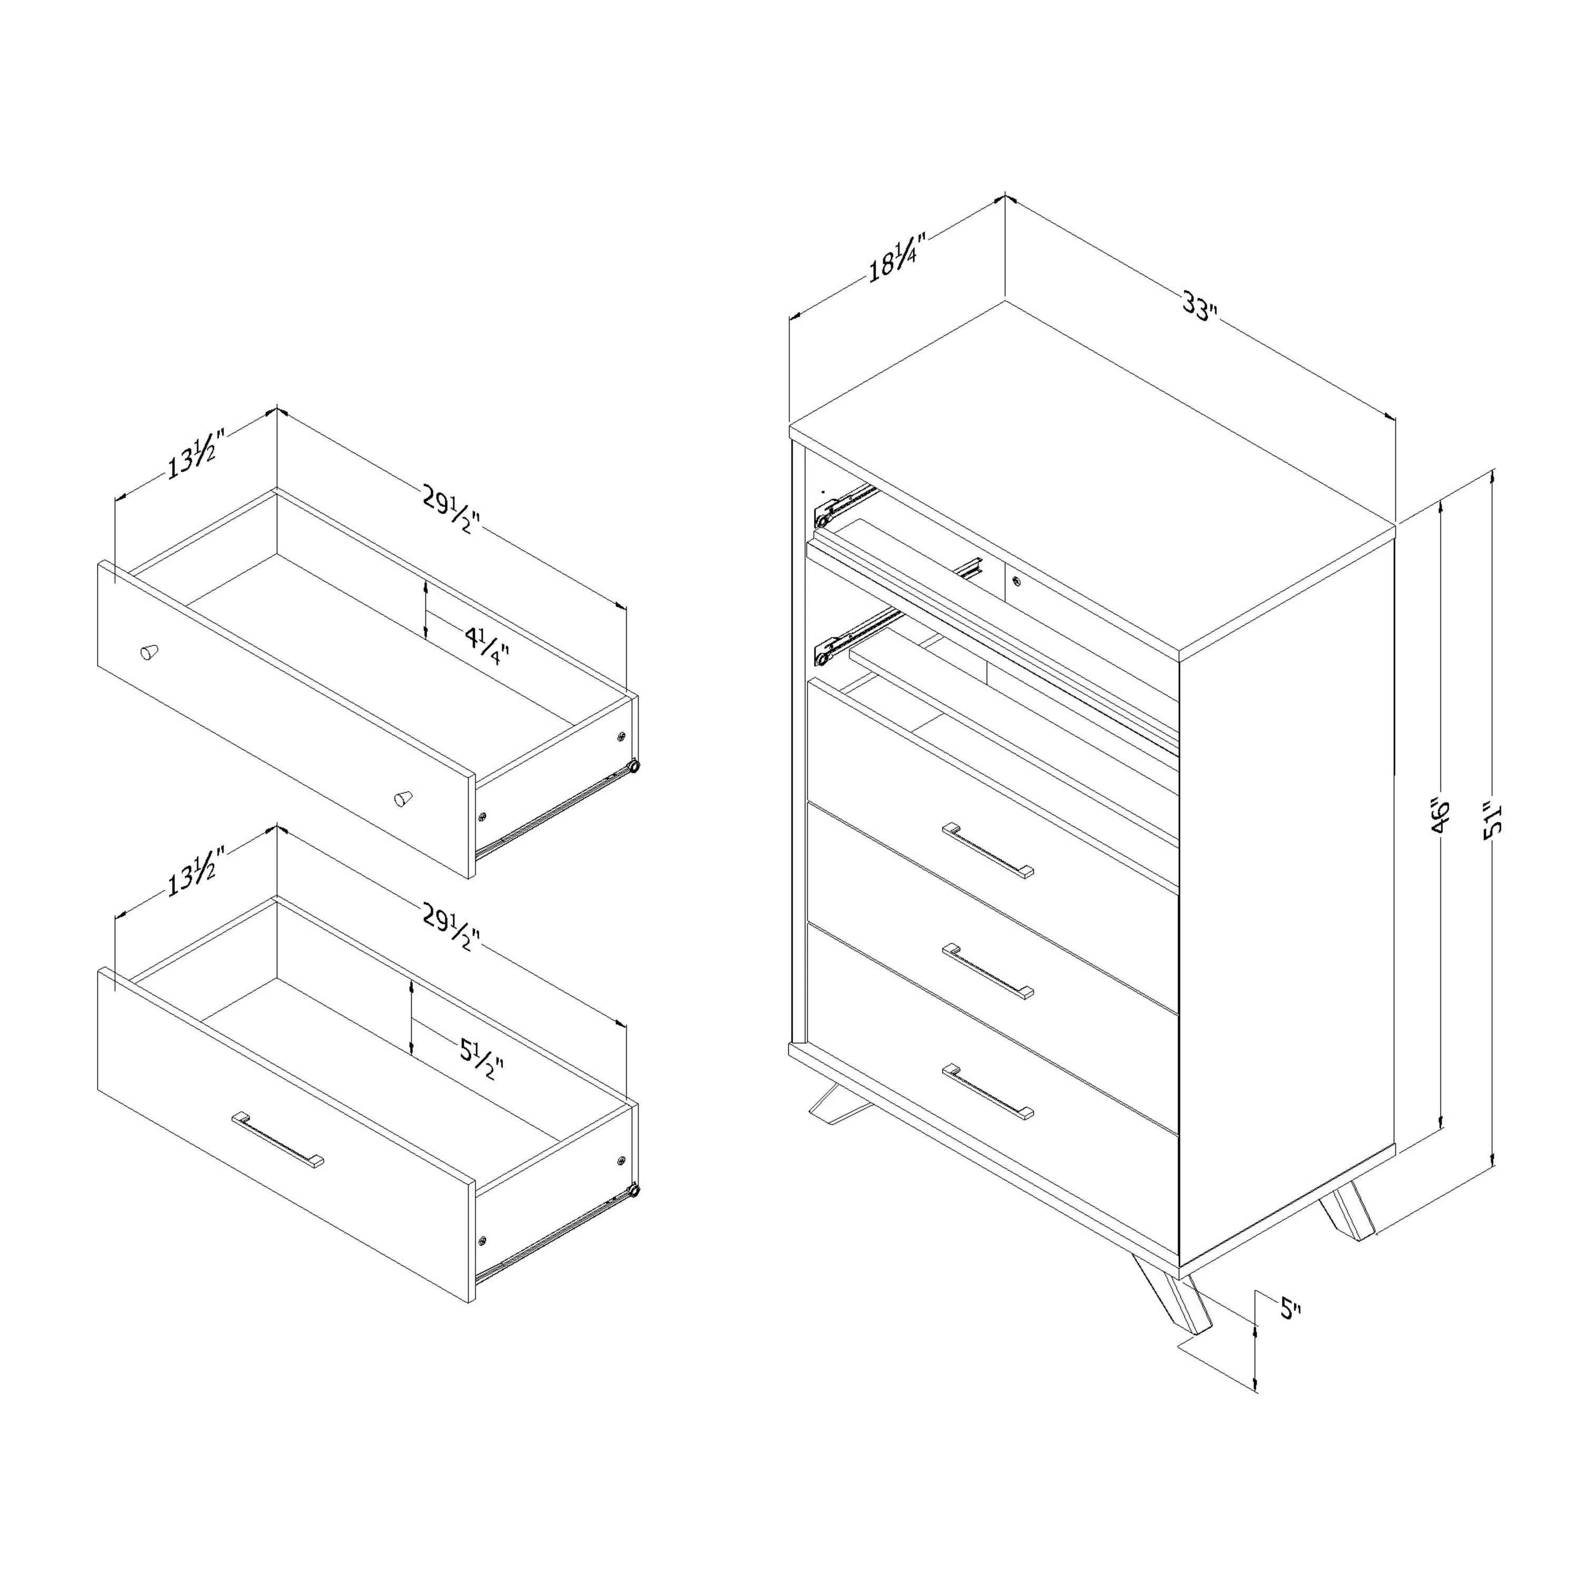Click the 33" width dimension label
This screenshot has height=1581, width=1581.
coord(1201,306)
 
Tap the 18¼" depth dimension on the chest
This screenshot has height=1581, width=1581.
coord(897,258)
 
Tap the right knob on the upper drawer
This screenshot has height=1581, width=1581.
coord(403,798)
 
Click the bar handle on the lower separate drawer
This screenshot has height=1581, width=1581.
coord(277,1138)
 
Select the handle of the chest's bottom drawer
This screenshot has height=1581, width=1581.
coord(988,1091)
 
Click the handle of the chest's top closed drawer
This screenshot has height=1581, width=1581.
coord(988,850)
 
